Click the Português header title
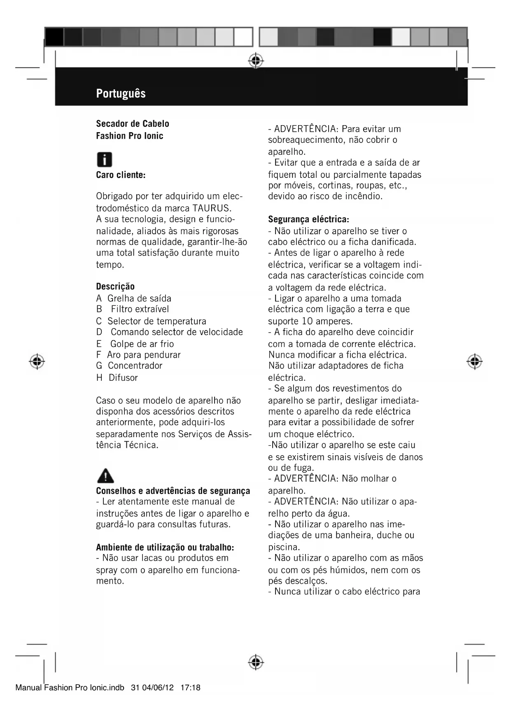point(121,93)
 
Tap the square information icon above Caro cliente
point(104,160)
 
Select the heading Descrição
point(115,286)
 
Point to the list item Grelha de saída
point(139,298)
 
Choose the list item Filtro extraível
point(140,309)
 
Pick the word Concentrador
point(135,366)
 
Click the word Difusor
point(123,377)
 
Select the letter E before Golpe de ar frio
point(99,344)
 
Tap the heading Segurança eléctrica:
point(308,219)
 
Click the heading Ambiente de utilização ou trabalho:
point(165,547)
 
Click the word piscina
point(284,547)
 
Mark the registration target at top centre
point(256,61)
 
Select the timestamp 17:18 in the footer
point(190,688)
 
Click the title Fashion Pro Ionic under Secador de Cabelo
point(130,136)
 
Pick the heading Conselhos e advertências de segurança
point(173,491)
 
